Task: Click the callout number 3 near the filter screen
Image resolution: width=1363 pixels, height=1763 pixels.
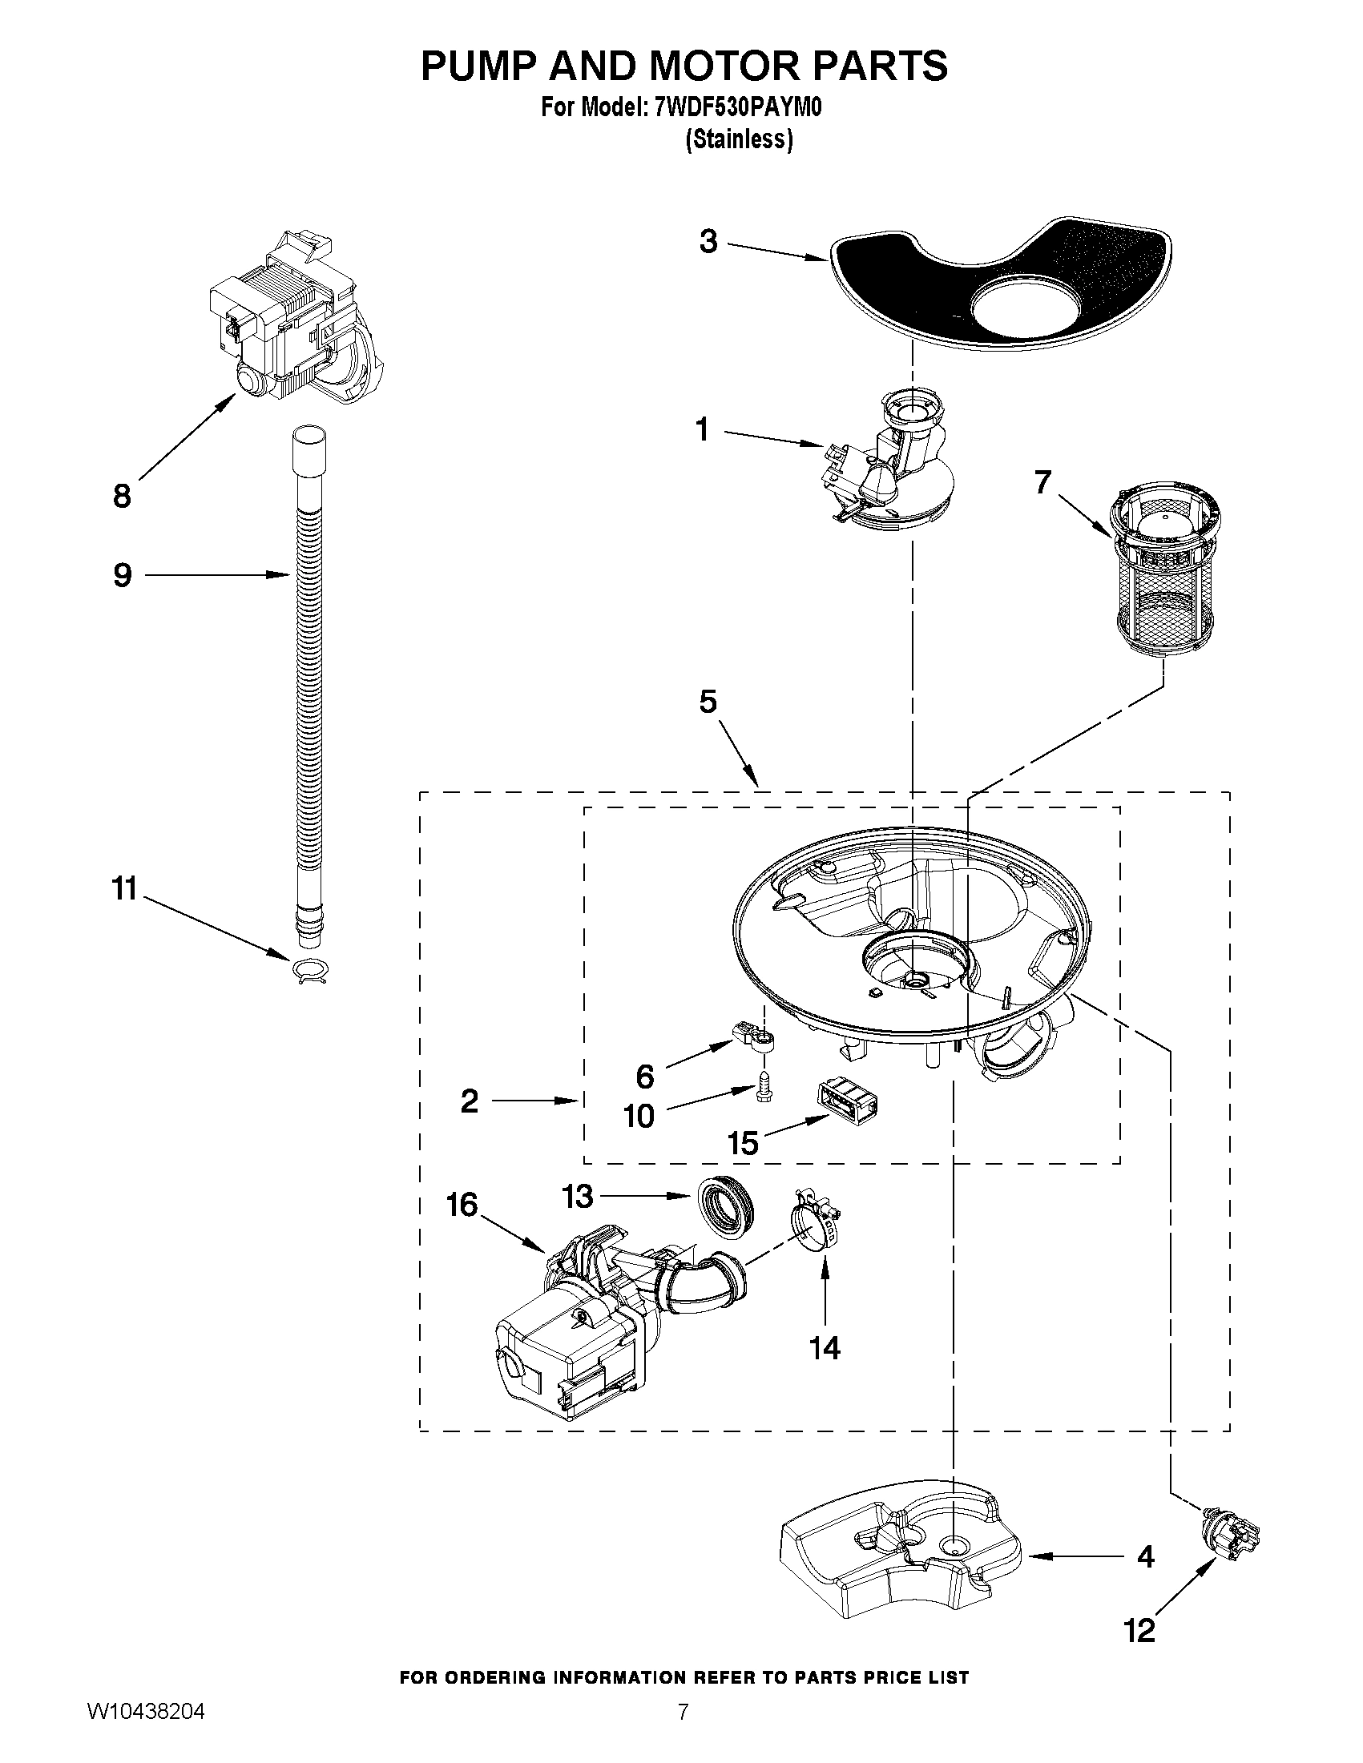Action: point(708,241)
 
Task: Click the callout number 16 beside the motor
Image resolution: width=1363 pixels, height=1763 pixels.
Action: point(462,1206)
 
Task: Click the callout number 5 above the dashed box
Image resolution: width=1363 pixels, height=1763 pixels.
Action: point(708,702)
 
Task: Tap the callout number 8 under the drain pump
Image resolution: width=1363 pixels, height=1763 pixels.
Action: point(122,497)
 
